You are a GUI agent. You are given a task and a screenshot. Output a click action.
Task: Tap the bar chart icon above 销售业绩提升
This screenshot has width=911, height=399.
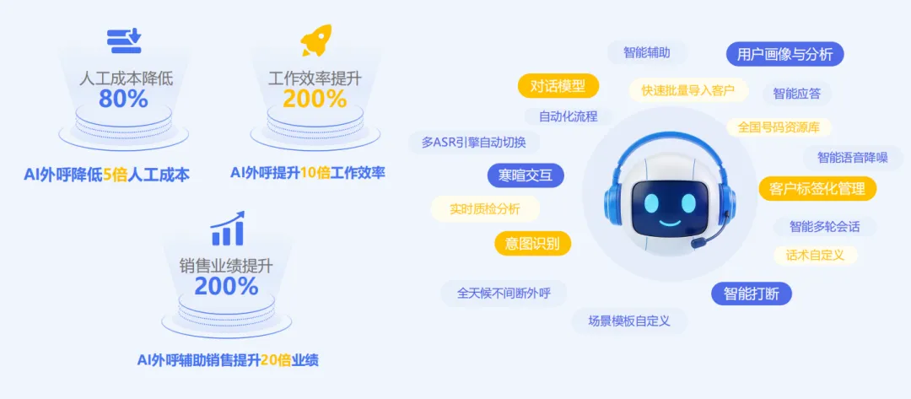click(x=227, y=229)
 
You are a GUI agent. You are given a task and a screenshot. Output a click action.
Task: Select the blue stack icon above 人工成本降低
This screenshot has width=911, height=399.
click(x=124, y=40)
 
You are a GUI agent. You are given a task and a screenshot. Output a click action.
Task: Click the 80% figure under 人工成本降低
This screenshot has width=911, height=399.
click(x=123, y=99)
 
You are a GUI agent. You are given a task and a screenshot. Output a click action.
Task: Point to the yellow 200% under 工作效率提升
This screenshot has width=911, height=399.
click(x=314, y=99)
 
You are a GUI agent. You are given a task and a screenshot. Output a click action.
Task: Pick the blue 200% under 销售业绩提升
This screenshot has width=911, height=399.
click(x=226, y=286)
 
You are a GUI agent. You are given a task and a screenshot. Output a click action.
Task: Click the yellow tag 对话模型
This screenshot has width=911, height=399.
click(x=558, y=85)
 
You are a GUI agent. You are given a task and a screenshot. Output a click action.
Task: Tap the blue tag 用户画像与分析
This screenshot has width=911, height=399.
click(x=784, y=55)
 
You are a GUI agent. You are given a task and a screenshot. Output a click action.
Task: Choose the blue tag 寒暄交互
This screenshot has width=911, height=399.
click(x=526, y=175)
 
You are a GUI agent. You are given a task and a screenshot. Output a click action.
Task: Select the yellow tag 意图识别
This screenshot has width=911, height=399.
click(x=532, y=244)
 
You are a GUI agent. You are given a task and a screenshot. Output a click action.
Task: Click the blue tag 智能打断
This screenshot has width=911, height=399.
click(x=752, y=294)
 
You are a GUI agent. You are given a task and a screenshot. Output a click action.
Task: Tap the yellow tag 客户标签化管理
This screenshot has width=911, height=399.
click(x=817, y=188)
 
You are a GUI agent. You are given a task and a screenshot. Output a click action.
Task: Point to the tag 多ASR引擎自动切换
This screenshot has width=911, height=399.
click(x=473, y=142)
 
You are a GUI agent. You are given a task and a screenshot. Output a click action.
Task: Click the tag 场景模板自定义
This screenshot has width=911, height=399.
click(x=628, y=321)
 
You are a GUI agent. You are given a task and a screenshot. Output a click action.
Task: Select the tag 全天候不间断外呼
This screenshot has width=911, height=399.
click(x=504, y=293)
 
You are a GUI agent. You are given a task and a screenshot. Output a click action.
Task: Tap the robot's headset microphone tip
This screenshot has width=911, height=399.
click(x=696, y=243)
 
